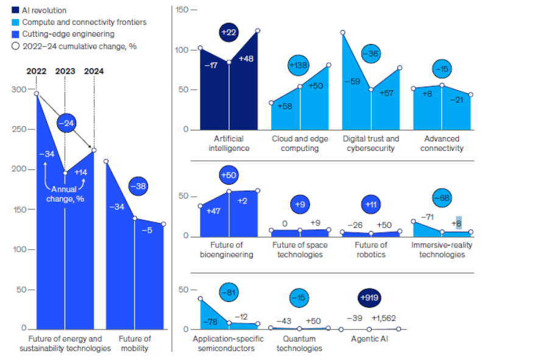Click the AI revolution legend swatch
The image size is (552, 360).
coord(15,10)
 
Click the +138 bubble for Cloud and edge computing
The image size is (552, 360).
coord(298,65)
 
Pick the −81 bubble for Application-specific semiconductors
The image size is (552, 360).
coord(228,293)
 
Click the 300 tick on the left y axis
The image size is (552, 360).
coord(18,90)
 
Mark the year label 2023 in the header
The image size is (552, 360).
coord(65,71)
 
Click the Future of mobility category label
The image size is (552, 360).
coord(135,344)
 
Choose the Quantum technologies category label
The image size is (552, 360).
coord(299,344)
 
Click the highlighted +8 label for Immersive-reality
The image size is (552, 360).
coord(458,223)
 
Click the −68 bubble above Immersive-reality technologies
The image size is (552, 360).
coord(442,199)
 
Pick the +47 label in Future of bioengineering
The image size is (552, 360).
coord(213,211)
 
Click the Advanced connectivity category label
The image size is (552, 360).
coord(442,143)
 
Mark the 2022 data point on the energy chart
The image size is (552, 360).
coord(37,94)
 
